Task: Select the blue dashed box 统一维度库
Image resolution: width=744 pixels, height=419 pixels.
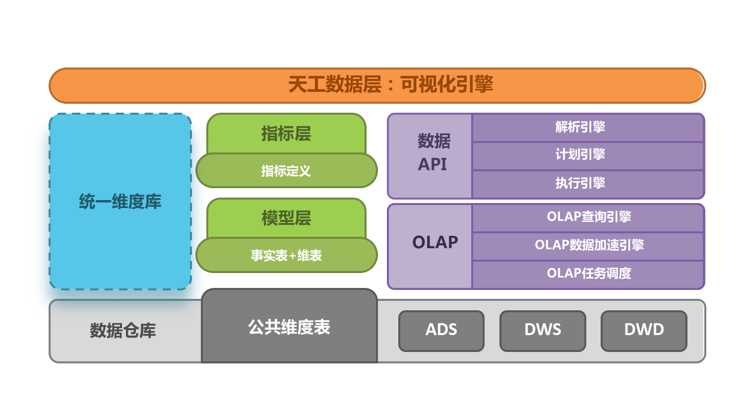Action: (121, 202)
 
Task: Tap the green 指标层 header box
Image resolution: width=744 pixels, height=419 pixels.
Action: (286, 134)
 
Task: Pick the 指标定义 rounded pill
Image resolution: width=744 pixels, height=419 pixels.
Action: (286, 171)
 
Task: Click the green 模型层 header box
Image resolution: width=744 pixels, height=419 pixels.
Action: (286, 218)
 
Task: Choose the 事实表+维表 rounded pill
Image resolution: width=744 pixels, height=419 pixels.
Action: (286, 255)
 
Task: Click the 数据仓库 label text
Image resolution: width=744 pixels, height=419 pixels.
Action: (123, 331)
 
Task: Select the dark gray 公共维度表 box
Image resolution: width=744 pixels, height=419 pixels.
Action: (289, 327)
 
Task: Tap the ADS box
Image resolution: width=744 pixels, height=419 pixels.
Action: (441, 331)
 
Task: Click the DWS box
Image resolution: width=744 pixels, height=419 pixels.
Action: (543, 331)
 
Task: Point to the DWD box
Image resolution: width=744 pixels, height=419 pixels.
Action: (644, 331)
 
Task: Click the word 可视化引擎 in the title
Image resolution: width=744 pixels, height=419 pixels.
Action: (447, 85)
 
